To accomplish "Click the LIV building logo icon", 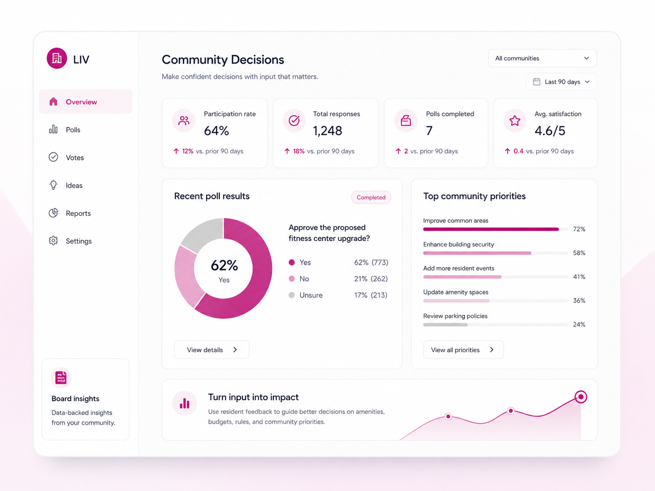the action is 57,58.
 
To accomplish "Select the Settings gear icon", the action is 53,241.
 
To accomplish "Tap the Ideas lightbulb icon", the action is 53,185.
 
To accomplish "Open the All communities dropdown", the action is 542,58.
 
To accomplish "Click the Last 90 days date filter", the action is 561,82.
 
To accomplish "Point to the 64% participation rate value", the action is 216,131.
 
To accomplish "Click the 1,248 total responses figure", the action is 327,131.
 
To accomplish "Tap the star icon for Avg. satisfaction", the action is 515,120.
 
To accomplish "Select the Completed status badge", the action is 371,198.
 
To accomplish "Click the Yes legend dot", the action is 292,262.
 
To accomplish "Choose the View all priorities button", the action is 463,349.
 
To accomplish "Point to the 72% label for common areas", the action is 579,229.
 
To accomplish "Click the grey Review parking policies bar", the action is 445,325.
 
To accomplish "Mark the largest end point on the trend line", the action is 581,397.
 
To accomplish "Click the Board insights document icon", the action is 61,378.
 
